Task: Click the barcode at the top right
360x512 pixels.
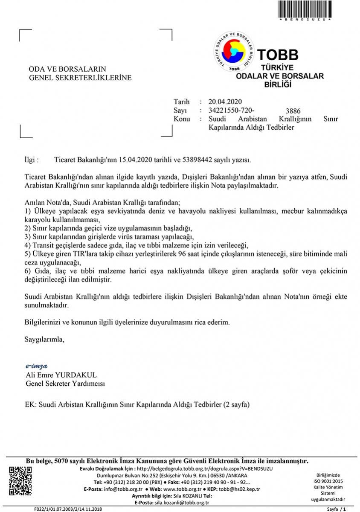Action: click(x=305, y=9)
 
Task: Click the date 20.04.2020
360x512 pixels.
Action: click(x=225, y=102)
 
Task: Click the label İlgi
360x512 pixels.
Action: click(x=32, y=160)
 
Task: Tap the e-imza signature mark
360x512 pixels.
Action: click(x=37, y=366)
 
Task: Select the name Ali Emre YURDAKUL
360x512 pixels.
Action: click(x=61, y=375)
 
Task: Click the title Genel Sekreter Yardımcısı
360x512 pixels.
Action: click(x=65, y=384)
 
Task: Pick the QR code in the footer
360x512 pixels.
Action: click(x=20, y=481)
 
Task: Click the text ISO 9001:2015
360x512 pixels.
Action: click(x=328, y=481)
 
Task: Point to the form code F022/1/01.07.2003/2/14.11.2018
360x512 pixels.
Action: click(x=68, y=509)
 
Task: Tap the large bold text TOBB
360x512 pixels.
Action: click(x=278, y=55)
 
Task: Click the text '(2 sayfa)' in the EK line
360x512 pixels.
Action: click(x=234, y=404)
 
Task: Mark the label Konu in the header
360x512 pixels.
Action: click(x=182, y=119)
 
